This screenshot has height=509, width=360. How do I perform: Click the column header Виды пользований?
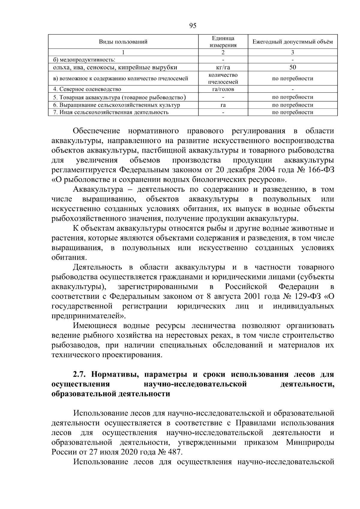coord(123,42)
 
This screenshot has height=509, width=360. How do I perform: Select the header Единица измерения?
coord(223,42)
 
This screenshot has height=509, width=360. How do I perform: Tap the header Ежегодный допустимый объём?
coord(292,42)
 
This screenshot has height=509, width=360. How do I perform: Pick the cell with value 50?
coord(292,67)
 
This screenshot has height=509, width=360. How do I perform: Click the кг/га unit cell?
coord(223,67)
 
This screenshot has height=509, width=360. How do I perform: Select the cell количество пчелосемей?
coord(223,79)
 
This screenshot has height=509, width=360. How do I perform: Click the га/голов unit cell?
coord(223,89)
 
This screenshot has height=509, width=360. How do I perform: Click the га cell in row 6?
coord(223,105)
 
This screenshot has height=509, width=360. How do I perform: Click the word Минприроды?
coord(310,442)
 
